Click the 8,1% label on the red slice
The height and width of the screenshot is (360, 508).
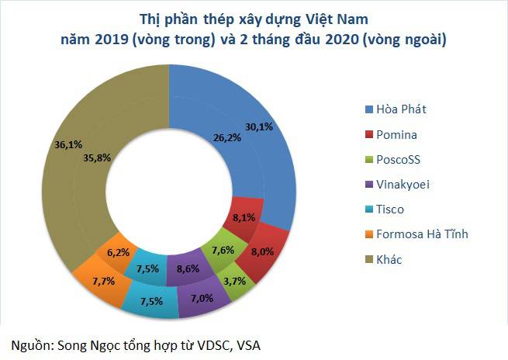click(x=245, y=218)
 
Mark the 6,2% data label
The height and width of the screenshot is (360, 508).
click(x=118, y=253)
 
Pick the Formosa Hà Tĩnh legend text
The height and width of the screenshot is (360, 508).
click(x=423, y=234)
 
